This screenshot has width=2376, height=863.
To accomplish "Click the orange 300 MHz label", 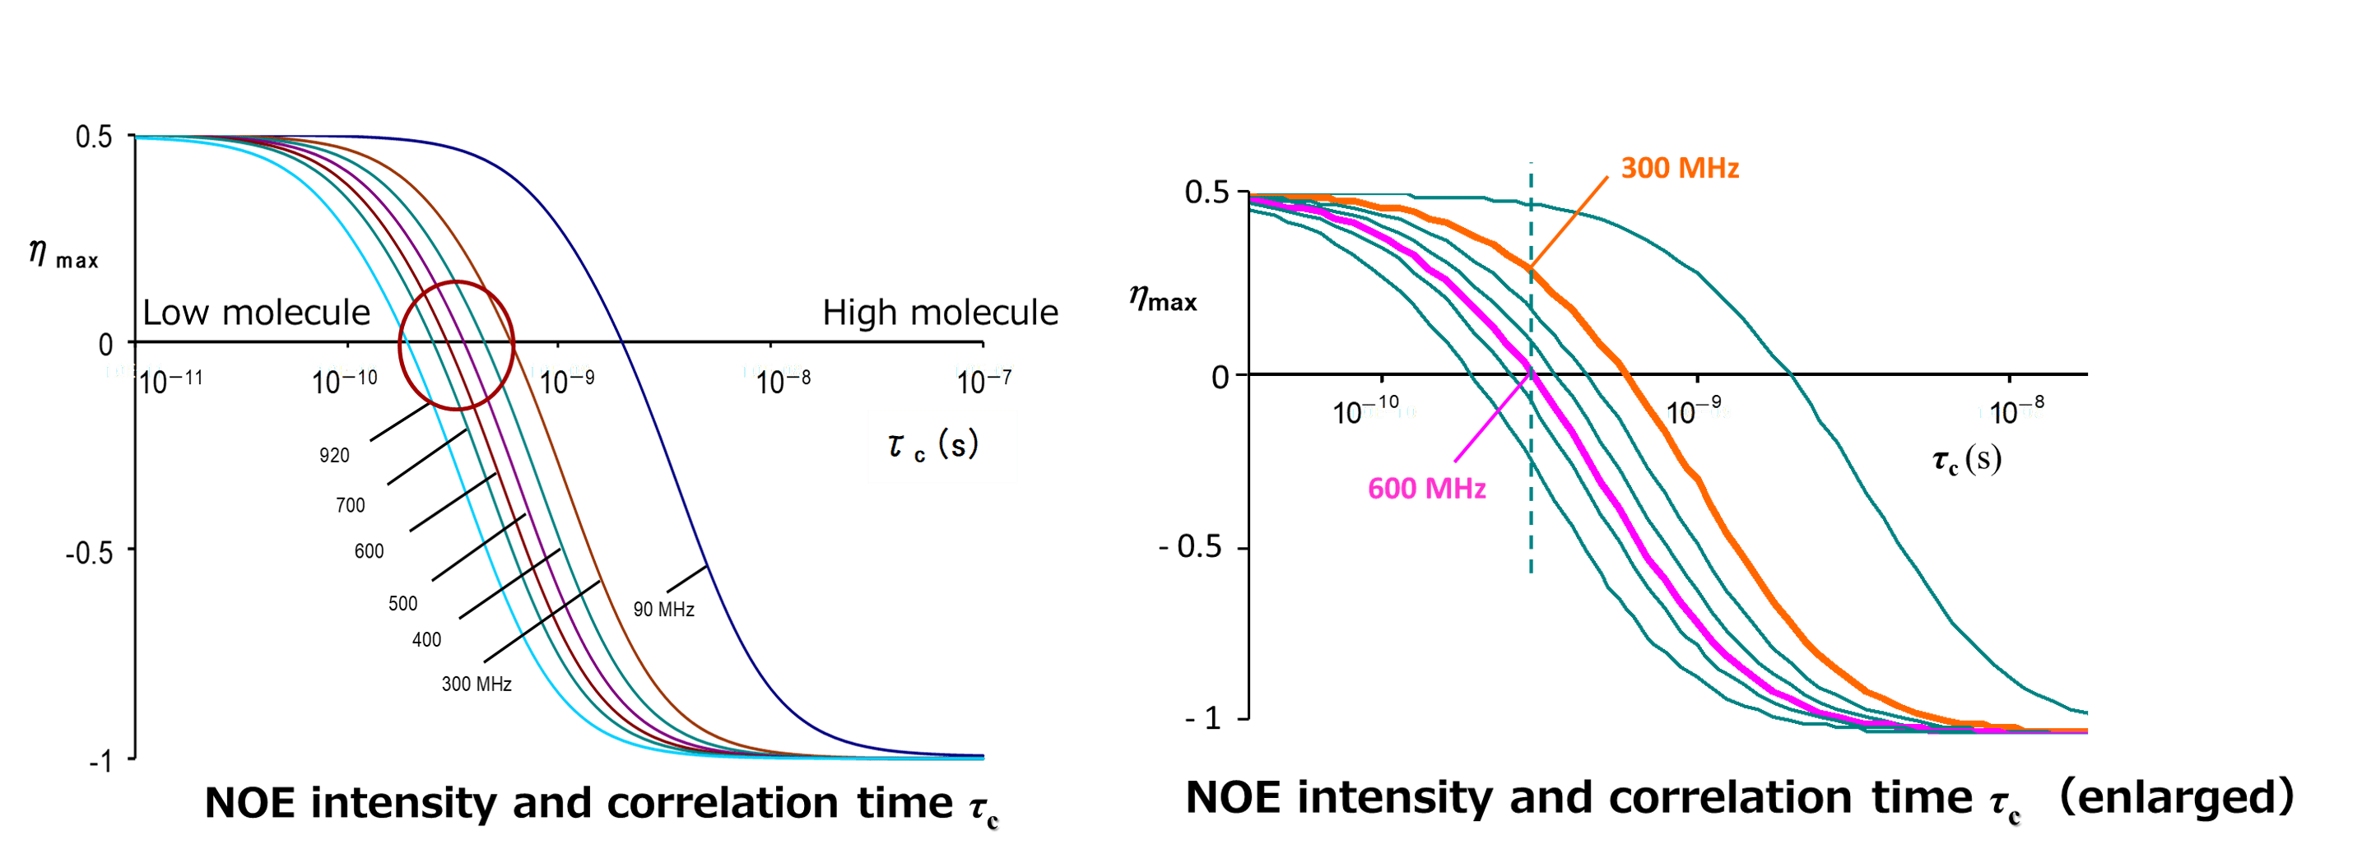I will click(1680, 169).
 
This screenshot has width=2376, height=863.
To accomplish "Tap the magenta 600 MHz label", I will click(1426, 488).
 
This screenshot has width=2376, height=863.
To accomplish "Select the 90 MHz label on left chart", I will click(663, 610).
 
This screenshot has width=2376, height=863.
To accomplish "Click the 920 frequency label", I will click(334, 456).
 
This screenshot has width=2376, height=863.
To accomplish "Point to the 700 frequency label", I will click(351, 505).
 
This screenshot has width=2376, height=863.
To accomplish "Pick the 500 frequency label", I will click(402, 604).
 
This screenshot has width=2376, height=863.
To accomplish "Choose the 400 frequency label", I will click(426, 640).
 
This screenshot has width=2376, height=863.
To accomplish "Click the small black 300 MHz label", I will click(476, 684).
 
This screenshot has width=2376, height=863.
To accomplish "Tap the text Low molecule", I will click(257, 313).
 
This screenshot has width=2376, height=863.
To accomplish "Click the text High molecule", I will click(940, 313).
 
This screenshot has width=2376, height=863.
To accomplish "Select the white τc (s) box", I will click(942, 446).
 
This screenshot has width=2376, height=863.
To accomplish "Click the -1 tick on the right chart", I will click(1204, 718).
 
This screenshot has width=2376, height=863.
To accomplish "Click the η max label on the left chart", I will click(63, 253).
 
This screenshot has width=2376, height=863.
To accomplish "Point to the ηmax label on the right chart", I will click(1162, 299).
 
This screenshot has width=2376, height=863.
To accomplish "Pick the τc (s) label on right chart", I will click(1966, 459).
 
